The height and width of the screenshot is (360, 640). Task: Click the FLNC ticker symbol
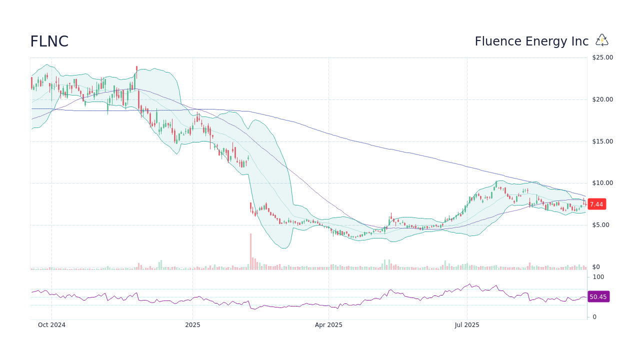tap(49, 41)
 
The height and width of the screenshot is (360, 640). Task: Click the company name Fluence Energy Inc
tap(531, 41)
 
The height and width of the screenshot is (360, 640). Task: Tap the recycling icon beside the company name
tap(602, 40)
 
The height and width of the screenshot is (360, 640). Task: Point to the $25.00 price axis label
tap(602, 57)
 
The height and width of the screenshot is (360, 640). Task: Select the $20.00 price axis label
tap(602, 99)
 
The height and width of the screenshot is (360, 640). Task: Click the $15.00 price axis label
tap(602, 141)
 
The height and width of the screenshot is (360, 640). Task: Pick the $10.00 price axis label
tap(602, 183)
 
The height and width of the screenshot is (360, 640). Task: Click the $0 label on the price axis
tap(595, 267)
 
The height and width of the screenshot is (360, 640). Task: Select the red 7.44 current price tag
tap(596, 204)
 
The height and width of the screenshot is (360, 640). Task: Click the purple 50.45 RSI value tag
tap(598, 297)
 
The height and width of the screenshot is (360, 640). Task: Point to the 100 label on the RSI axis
tap(598, 277)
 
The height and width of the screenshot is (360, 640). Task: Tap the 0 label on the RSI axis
tap(594, 317)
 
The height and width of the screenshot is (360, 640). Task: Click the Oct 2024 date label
tap(51, 325)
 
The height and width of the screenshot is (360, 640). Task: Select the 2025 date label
tap(192, 325)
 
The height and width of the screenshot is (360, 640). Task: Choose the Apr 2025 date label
tap(328, 325)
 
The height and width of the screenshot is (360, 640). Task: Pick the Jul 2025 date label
tap(467, 325)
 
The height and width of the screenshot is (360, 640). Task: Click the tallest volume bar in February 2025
tap(250, 251)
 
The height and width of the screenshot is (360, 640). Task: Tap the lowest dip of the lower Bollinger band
tap(283, 248)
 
